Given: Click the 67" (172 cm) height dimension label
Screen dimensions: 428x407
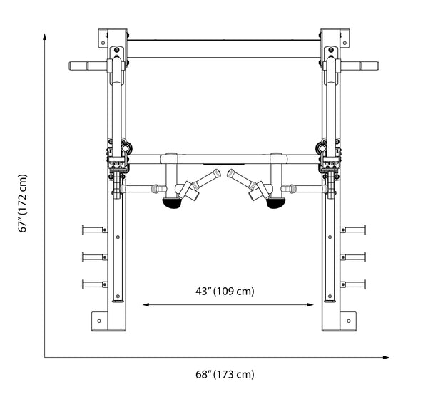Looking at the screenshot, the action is click(23, 203).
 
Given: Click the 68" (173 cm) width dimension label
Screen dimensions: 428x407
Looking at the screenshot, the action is click(225, 374).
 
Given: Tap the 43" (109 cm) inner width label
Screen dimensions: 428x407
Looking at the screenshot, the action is click(225, 291).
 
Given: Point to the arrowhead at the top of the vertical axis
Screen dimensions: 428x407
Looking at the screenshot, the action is click(44, 36).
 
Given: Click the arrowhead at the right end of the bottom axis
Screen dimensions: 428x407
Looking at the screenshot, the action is click(386, 357).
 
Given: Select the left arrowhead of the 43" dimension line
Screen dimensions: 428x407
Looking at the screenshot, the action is click(146, 304).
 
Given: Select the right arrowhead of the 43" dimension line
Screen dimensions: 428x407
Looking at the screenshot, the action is click(310, 304).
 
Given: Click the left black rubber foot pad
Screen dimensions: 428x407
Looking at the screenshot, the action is click(172, 204).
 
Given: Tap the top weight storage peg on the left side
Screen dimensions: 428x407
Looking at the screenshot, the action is click(95, 230).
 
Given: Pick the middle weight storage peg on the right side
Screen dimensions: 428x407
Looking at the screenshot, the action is click(353, 257).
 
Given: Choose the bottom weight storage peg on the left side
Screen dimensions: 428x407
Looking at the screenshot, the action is click(95, 284).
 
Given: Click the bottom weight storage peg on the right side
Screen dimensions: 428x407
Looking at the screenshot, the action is click(353, 284).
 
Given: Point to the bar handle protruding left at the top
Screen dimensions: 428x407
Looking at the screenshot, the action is click(88, 66).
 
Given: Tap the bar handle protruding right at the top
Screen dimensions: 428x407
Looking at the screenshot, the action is click(360, 66).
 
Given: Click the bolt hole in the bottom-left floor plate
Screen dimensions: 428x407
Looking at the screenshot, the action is click(99, 321).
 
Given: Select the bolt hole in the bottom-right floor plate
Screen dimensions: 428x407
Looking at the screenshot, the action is click(349, 321).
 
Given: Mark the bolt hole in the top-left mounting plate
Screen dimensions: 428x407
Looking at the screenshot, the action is click(103, 43).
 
